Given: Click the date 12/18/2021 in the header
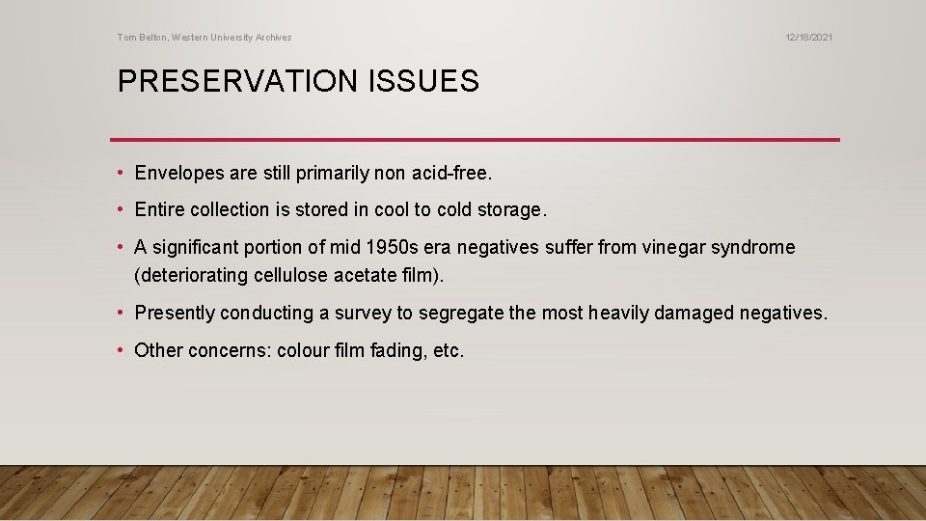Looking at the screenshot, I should [x=808, y=38].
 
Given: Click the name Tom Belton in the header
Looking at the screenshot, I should [x=141, y=38].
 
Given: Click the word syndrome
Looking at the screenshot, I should [x=749, y=247].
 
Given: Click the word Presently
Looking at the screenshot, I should [x=176, y=313].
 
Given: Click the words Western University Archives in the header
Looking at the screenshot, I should [x=232, y=38].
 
